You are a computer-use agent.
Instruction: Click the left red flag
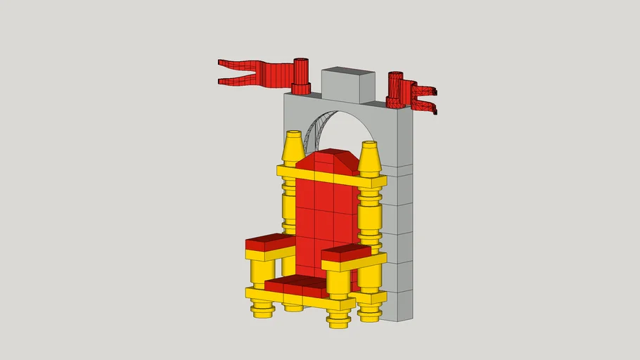253,74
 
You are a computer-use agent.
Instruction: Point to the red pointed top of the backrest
333,160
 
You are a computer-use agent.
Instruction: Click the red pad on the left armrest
269,243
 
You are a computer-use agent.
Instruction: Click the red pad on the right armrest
345,252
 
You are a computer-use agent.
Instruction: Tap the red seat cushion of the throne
295,286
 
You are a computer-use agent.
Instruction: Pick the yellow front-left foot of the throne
262,309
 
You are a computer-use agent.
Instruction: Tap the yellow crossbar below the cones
331,177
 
